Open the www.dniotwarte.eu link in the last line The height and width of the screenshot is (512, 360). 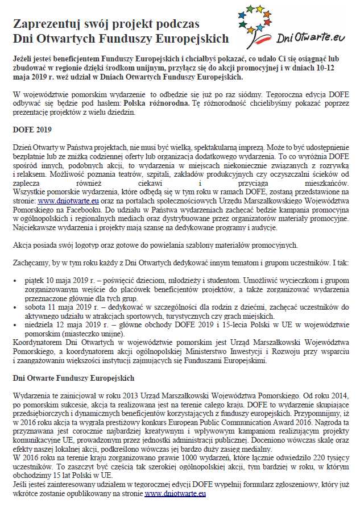175,494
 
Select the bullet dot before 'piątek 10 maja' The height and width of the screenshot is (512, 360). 15,281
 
